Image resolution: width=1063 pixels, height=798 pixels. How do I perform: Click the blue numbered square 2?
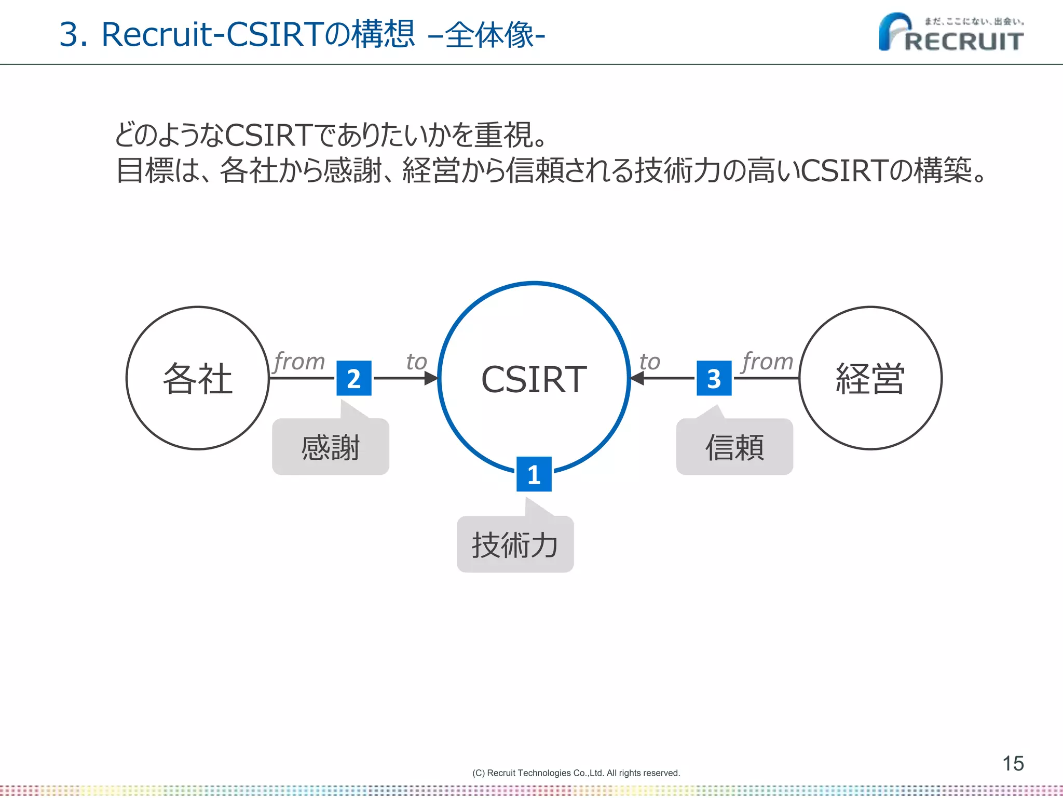354,378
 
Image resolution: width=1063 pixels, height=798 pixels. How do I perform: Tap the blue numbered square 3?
714,378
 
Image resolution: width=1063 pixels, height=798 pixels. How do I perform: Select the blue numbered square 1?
534,474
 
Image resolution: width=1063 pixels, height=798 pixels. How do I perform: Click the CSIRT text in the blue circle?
534,379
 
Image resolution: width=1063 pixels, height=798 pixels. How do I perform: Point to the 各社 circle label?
198,379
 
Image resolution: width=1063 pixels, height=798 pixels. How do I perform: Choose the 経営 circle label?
870,379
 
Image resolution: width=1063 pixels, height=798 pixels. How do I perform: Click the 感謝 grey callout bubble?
331,447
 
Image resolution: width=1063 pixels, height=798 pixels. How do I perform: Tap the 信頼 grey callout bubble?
734,447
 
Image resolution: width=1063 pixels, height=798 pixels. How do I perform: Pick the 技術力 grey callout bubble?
515,545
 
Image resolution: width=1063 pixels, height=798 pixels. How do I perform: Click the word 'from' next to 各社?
299,361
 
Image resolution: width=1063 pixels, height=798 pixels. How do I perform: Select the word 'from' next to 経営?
768,361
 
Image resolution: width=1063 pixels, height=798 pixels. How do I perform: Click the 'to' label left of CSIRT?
416,362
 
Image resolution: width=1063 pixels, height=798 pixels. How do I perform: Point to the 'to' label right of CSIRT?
650,362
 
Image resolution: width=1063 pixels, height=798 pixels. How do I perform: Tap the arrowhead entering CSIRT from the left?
431,378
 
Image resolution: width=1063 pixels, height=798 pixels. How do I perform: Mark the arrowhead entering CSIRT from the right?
637,378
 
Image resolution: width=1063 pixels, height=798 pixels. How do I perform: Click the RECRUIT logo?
951,33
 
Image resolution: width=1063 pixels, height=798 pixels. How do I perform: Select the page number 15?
1013,763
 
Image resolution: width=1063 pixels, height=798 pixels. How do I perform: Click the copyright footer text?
576,773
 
